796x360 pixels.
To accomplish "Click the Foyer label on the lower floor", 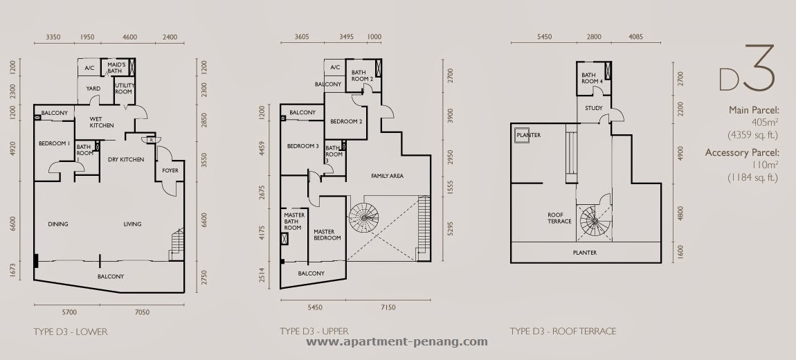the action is coord(170,170).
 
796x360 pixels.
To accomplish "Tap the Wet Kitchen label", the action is coord(102,123).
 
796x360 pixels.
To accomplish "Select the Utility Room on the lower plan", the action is coord(123,89).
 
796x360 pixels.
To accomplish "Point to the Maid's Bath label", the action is coord(116,68).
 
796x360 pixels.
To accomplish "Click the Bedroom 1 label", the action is coord(54,144).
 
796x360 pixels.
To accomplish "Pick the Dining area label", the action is coord(58,224).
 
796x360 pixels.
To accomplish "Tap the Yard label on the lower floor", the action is coord(93,89).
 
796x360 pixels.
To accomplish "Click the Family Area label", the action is coord(388,176).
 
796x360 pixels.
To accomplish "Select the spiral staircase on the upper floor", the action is coord(363,217).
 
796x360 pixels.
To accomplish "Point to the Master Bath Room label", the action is coord(294,222).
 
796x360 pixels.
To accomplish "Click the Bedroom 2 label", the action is coord(346,122).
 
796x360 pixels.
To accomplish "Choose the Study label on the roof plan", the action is coord(593,108).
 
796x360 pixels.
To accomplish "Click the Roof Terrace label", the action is coord(559,218).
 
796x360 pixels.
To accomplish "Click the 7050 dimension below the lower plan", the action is coord(142,312).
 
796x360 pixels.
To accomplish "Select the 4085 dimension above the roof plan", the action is coord(635,37).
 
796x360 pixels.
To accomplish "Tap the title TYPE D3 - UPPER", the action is coord(314,332).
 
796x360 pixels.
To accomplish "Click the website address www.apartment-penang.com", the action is coord(397,341).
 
